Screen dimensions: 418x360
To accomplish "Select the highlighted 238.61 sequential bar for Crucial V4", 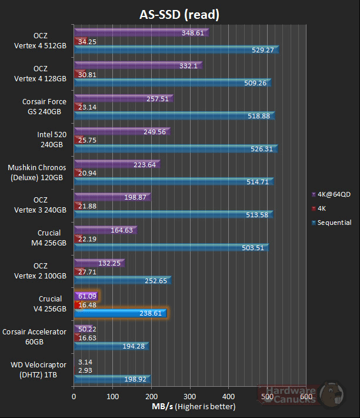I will [121, 313].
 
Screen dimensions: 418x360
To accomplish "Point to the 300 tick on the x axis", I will [190, 397].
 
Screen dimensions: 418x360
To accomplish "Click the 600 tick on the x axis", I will [306, 397].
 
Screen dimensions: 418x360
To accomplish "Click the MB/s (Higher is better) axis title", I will [189, 407].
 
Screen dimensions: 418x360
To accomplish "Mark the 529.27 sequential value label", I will [262, 51].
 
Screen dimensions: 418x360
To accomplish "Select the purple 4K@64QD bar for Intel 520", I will [121, 131].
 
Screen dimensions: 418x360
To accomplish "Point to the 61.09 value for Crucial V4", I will [85, 296].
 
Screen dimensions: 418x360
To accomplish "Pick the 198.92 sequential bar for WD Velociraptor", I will [112, 379].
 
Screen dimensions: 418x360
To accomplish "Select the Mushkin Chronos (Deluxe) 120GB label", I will [37, 172].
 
